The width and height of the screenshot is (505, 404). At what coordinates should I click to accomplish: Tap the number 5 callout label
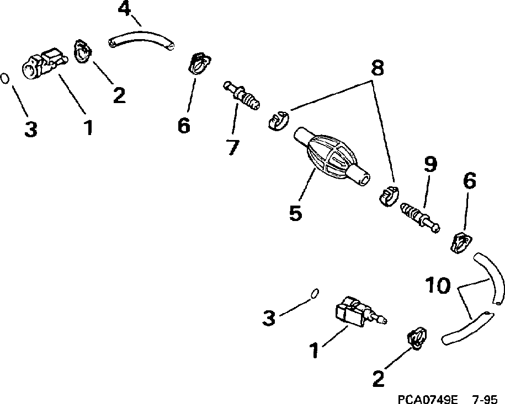click(x=295, y=213)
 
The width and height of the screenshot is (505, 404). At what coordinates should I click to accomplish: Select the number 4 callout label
click(x=125, y=10)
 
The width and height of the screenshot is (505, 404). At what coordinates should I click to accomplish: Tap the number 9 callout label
click(x=429, y=164)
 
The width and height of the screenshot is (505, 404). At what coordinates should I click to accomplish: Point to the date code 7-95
click(x=486, y=398)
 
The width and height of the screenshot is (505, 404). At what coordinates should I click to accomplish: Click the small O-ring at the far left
click(x=5, y=78)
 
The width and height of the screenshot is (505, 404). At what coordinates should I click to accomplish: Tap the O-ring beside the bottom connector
click(x=313, y=293)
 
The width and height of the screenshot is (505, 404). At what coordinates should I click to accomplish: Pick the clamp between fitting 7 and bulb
click(x=277, y=120)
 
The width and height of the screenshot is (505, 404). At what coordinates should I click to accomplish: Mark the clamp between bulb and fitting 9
click(x=390, y=195)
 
